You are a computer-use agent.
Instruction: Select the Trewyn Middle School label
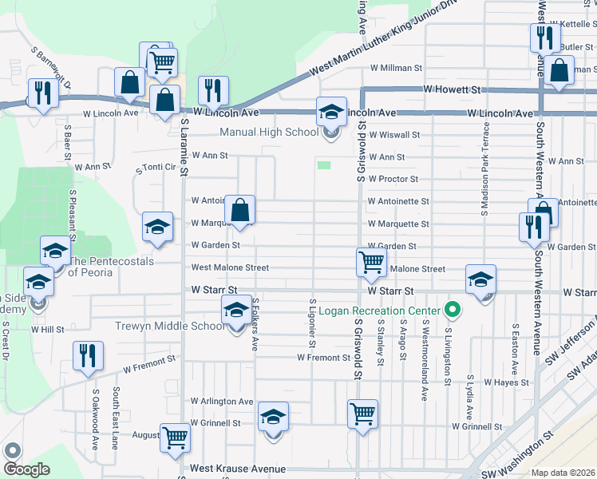pos(170,327)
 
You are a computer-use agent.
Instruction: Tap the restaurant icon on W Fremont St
pos(88,355)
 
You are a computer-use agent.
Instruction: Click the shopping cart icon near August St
pos(175,436)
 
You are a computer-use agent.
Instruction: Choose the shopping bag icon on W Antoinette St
pos(239,211)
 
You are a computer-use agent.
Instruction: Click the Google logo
pos(26,469)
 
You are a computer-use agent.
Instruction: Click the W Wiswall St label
pos(393,135)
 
